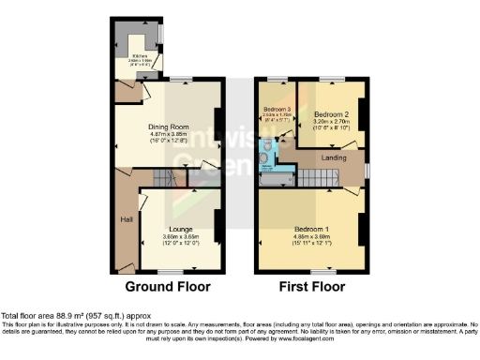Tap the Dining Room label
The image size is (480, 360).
[169, 127]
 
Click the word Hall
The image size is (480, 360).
[126, 219]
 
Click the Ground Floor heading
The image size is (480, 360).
[168, 287]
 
